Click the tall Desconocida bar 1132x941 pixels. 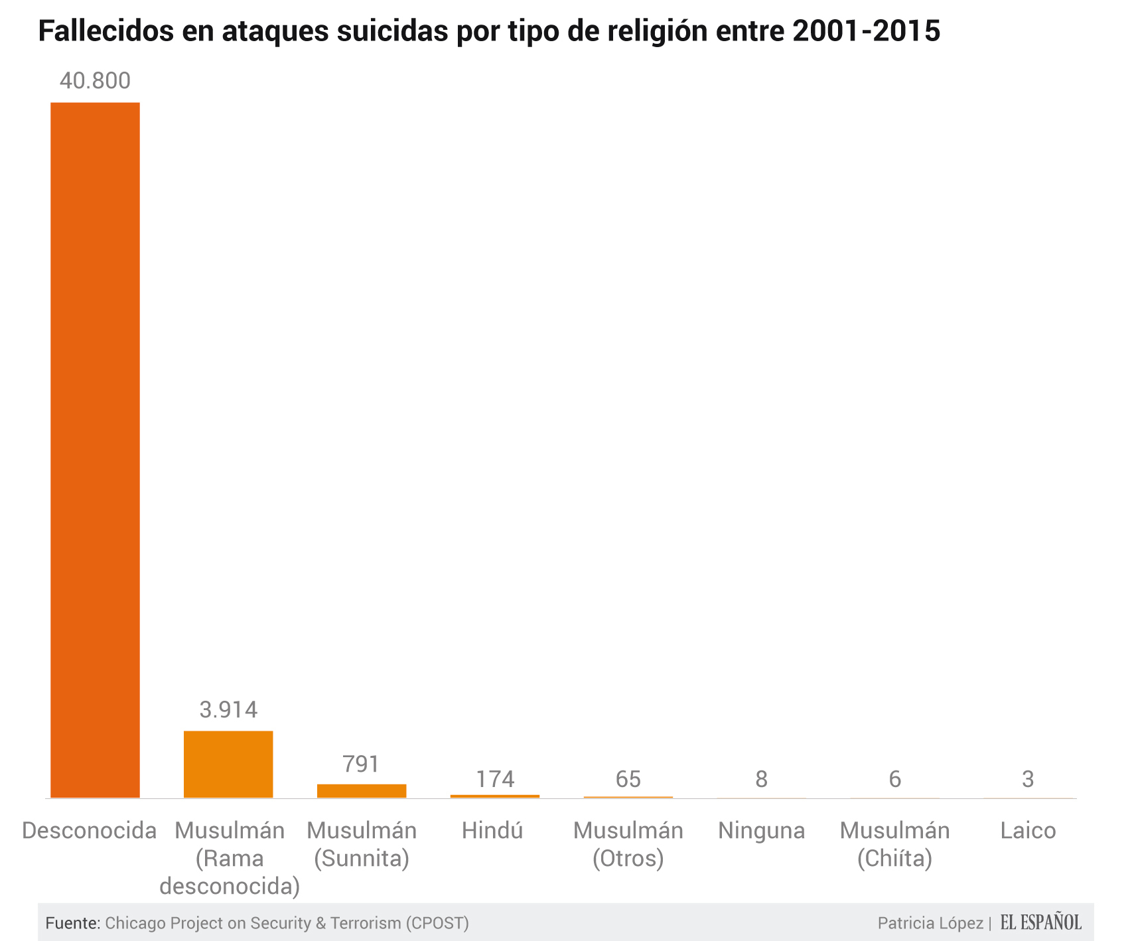[95, 450]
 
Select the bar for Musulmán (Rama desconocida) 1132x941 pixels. [228, 764]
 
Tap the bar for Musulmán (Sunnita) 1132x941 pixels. [362, 790]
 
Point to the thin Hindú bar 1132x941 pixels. [495, 796]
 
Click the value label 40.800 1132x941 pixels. [95, 81]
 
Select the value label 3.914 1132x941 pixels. [228, 709]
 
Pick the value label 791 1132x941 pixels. [362, 764]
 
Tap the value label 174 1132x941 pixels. [495, 778]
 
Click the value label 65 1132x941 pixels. [628, 778]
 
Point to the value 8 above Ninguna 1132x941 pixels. [762, 778]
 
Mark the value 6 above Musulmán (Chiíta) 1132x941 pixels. [894, 778]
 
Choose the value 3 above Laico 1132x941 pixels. [1028, 778]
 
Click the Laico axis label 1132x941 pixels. [1028, 830]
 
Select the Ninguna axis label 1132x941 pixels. [762, 830]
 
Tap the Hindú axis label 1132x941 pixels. [492, 830]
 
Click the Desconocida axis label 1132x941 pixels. [90, 830]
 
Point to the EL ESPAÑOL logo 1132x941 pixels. [1040, 922]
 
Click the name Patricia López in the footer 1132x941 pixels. [930, 923]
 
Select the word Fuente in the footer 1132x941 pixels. [72, 923]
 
